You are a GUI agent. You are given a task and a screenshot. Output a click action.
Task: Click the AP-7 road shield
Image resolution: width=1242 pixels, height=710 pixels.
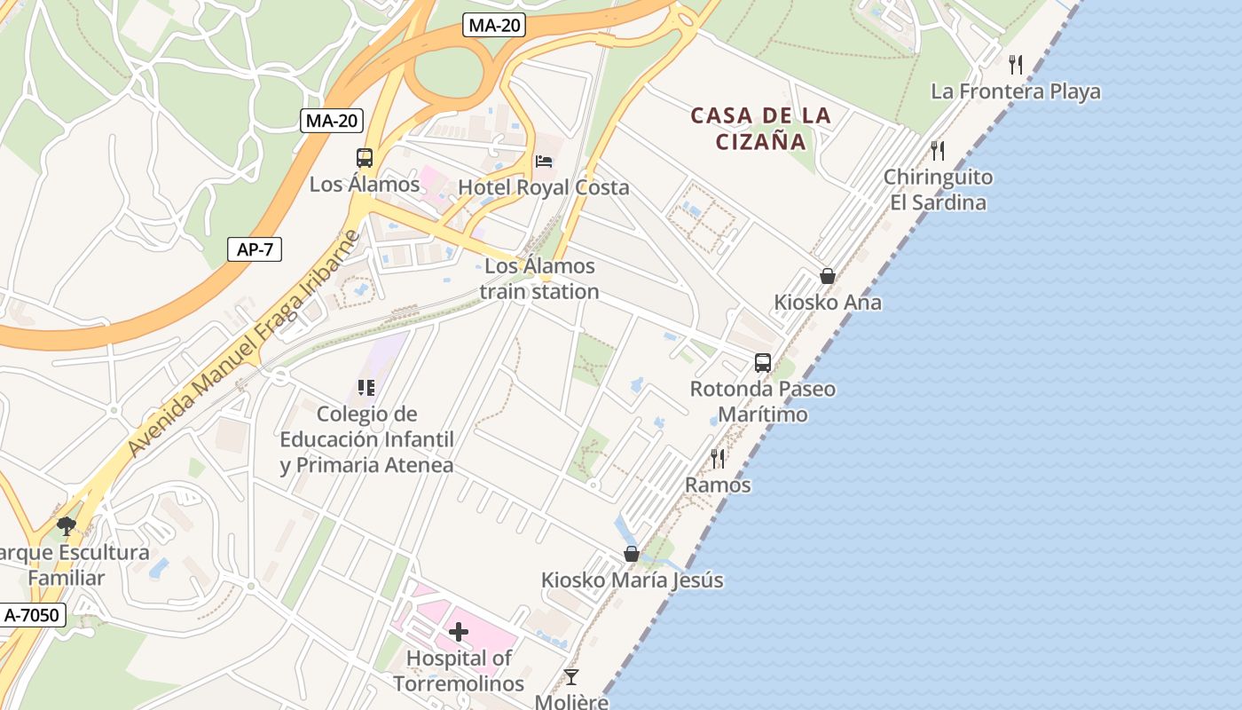(255, 249)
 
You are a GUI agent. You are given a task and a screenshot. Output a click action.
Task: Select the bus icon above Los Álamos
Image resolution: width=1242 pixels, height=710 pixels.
(365, 158)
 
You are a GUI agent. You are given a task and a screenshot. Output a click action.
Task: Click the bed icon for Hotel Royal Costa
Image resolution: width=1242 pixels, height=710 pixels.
(544, 162)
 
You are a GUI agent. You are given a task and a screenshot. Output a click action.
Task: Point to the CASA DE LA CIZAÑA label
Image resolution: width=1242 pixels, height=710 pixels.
(761, 128)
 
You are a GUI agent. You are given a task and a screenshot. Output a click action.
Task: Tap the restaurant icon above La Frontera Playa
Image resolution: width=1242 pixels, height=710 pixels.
(1016, 64)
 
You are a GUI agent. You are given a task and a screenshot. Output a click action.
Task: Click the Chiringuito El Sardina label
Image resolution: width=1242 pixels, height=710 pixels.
(938, 190)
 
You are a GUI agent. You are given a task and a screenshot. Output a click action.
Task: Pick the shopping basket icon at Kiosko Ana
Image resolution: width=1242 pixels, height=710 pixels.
(828, 276)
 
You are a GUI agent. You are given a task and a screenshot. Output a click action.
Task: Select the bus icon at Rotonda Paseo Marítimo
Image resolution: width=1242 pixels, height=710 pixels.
(763, 362)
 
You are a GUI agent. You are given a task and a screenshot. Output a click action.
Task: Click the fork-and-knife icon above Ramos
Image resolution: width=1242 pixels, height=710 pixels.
(718, 458)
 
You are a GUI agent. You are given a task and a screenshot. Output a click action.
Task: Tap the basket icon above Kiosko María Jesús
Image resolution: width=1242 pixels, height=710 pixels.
(632, 554)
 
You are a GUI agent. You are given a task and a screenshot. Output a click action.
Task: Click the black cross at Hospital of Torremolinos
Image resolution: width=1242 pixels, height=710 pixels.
(459, 632)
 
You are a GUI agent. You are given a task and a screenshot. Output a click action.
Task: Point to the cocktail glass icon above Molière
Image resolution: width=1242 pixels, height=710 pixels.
(571, 677)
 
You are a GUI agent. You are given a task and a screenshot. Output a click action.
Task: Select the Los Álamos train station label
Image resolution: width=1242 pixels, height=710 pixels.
(539, 279)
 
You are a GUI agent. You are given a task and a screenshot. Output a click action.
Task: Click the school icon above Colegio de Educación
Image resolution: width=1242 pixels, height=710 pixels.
(366, 387)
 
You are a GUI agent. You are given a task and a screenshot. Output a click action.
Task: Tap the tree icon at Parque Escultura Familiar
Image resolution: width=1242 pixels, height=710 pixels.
(66, 525)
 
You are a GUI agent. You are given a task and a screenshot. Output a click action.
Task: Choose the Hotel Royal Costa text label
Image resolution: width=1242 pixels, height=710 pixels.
(543, 187)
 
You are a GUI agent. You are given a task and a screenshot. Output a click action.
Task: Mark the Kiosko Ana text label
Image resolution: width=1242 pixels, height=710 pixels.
(828, 302)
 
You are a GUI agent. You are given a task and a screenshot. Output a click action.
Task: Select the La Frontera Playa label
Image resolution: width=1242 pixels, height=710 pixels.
(1016, 91)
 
